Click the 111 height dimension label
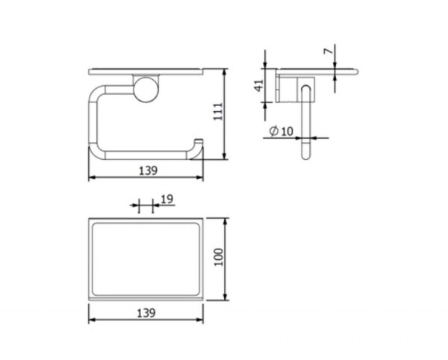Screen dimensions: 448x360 218,111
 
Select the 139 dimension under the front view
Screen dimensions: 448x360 148,170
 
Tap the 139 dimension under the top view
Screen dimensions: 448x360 146,313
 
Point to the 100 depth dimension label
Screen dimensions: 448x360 219,257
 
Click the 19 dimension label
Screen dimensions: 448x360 167,199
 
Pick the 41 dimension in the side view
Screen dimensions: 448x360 259,85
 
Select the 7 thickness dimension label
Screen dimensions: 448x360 329,51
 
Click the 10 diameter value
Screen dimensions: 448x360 287,131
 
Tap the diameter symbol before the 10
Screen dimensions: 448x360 274,131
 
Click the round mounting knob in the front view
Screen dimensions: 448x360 146,89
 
